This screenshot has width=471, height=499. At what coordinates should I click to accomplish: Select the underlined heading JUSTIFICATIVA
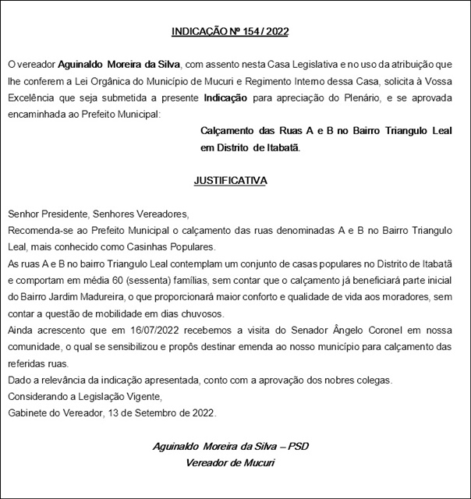[230, 180]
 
